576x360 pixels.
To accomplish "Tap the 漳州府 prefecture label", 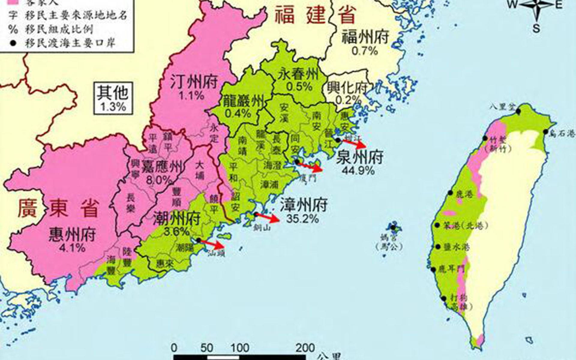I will coord(303,205).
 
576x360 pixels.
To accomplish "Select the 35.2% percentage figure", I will coord(302,219).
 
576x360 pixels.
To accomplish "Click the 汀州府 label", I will coord(194,82).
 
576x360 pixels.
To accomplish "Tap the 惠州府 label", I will coord(73,235).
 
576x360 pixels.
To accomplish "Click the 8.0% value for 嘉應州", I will coord(159,180).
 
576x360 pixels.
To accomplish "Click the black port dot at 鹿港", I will coord(450,193).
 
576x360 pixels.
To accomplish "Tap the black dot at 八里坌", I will coord(518,111).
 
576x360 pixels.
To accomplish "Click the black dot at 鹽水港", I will coord(438,247).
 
